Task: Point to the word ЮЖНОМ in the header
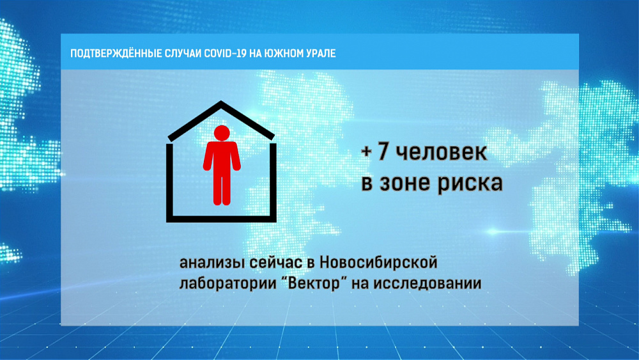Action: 286,54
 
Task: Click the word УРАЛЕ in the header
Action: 321,54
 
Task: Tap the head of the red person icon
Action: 221,133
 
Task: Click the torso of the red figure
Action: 221,157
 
